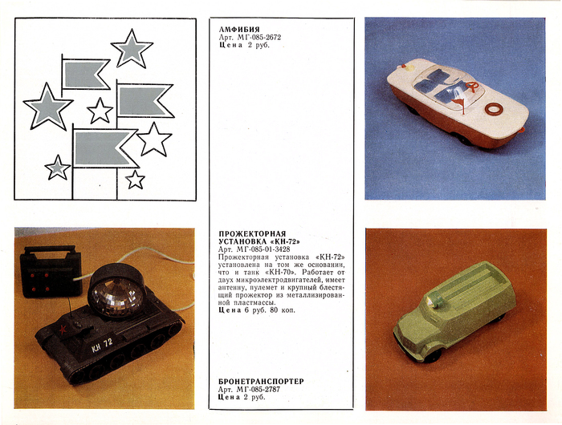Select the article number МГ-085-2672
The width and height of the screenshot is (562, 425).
(x=259, y=37)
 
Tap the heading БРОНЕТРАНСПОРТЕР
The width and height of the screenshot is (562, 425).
(x=261, y=382)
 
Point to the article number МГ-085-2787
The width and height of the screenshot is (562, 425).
(x=259, y=389)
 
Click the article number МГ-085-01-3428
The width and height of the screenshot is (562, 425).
(x=263, y=249)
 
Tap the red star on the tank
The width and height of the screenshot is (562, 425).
(x=63, y=329)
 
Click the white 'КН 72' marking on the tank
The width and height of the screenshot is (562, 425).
(x=102, y=345)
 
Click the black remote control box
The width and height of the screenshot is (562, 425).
(x=50, y=271)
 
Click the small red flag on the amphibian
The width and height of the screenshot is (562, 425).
(x=458, y=103)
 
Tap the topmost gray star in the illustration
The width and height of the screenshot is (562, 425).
(x=132, y=49)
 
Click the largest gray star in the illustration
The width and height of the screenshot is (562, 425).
(x=47, y=107)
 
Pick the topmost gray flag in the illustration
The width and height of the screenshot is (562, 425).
(x=86, y=74)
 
